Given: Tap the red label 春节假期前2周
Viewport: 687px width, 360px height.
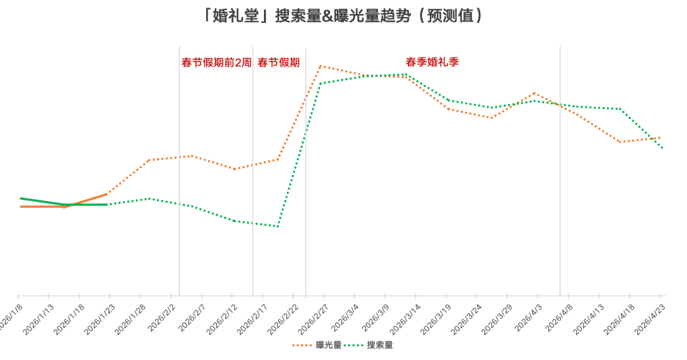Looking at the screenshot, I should pos(216,62).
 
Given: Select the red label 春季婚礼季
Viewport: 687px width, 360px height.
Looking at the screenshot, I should pos(433,62).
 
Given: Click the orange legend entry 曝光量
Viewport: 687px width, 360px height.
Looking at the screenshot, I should pos(328,345).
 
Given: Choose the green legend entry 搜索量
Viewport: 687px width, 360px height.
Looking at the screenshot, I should pos(380,345).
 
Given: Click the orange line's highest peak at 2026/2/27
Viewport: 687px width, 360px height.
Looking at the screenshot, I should pos(320,66).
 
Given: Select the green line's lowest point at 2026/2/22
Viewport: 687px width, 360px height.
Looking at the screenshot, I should pos(277,226).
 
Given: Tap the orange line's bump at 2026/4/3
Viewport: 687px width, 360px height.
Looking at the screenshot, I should pos(534,93).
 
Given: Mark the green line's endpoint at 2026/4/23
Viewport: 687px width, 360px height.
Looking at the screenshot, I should pos(662,148).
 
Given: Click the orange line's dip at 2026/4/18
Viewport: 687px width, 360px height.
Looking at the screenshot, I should pos(620,142).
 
